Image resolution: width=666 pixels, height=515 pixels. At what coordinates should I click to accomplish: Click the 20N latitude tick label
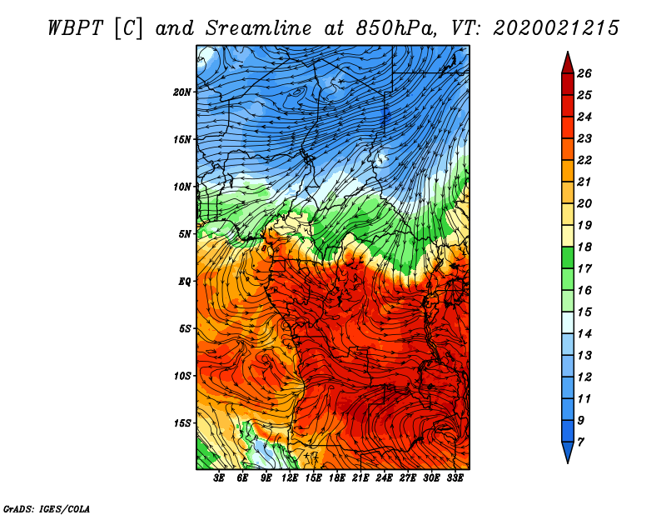pos(182,92)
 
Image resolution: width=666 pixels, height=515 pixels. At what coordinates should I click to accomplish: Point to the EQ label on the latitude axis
pos(185,281)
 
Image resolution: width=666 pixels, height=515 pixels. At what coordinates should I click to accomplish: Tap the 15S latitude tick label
pos(182,423)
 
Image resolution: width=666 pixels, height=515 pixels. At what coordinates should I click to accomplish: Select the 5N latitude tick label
pos(185,234)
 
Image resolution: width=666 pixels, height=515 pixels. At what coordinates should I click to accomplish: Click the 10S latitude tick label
pos(182,376)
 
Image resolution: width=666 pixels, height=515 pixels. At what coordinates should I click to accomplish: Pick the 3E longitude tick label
pos(219,478)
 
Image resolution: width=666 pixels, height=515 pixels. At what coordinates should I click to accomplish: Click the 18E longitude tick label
pos(337,478)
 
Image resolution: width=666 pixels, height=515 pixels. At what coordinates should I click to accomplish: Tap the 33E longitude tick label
pos(455,478)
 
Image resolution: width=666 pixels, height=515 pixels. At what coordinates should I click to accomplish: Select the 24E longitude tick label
pos(384,478)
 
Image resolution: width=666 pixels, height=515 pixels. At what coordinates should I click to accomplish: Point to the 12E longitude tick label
pos(290,478)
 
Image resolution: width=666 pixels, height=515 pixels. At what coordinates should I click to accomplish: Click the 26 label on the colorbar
pos(584,73)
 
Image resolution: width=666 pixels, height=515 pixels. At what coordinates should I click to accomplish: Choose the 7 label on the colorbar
pos(581,442)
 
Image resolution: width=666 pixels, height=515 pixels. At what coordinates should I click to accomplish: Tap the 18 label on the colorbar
pos(584,247)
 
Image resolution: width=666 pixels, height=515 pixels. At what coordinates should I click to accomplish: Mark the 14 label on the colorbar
pos(584,334)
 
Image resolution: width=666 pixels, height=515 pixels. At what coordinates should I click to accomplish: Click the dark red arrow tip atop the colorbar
pos(568,52)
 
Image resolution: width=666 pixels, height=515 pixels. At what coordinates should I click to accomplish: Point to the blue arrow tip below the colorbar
pos(568,462)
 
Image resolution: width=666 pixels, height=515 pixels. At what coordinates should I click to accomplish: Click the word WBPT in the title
pos(75,28)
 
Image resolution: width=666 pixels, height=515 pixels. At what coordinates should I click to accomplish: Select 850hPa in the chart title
pos(396,28)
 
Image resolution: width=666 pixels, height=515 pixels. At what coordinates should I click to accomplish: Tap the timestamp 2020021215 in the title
pos(555,28)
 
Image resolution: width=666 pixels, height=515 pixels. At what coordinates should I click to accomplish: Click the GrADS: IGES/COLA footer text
pos(47,508)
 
